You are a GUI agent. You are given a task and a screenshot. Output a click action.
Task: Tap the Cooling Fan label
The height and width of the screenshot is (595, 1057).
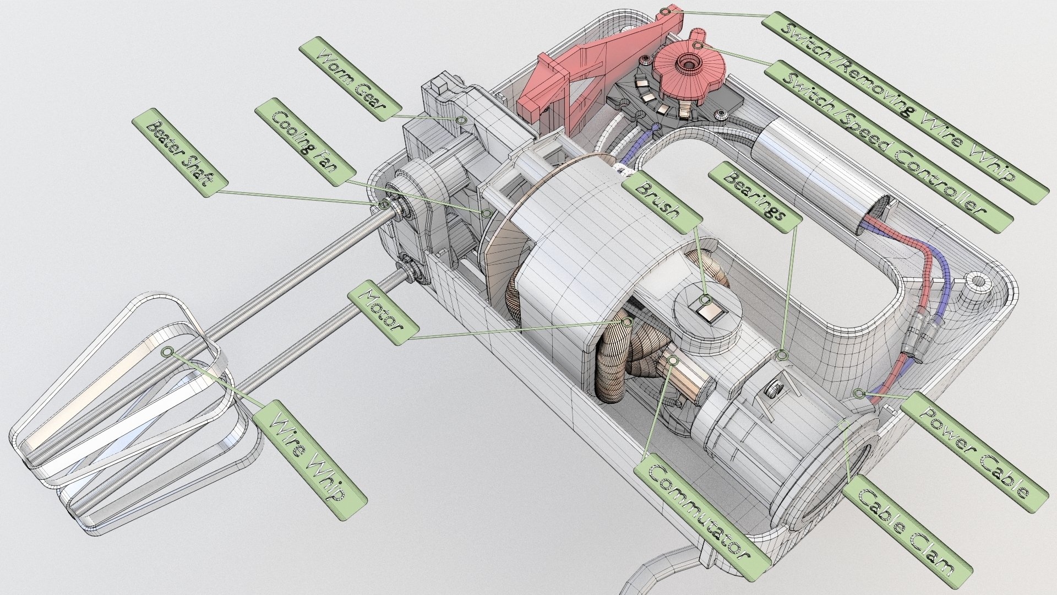point(305,141)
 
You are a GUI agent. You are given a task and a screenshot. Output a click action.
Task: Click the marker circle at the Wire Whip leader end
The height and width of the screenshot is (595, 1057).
point(167,351)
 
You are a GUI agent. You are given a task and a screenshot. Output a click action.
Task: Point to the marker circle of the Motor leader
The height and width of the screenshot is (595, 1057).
point(626,322)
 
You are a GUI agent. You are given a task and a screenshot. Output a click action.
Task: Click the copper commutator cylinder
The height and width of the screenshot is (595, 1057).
point(683,380)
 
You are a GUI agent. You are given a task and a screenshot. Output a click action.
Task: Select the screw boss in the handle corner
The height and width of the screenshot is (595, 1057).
point(977,286)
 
